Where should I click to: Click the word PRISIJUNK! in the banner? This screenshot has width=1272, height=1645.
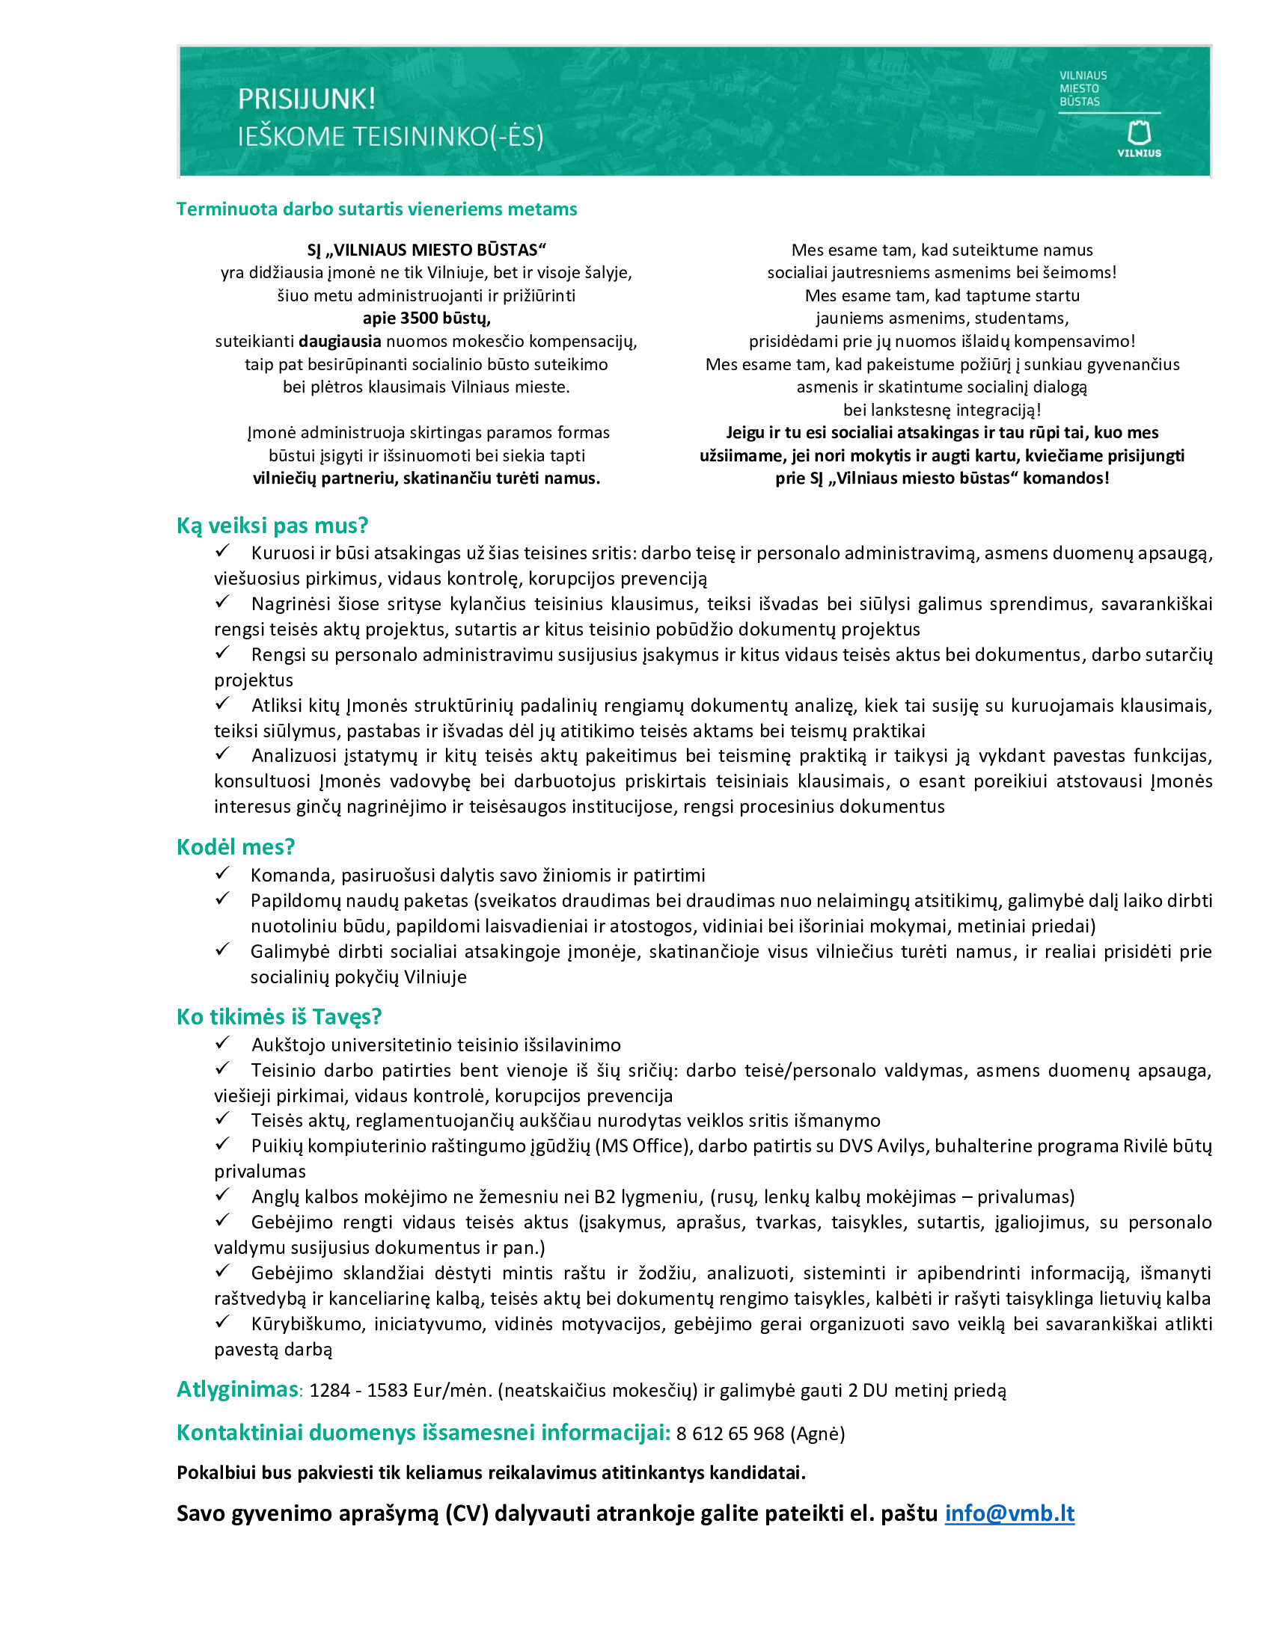pyautogui.click(x=306, y=99)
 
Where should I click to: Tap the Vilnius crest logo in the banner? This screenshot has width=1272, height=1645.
pyautogui.click(x=1138, y=134)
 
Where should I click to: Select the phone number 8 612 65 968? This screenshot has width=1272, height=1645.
pyautogui.click(x=730, y=1433)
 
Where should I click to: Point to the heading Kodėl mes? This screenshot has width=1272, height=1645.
pyautogui.click(x=235, y=846)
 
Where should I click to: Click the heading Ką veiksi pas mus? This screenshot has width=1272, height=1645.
pyautogui.click(x=272, y=525)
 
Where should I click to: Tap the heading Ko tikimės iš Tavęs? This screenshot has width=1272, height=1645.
pyautogui.click(x=279, y=1017)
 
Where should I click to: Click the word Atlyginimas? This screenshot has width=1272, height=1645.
pyautogui.click(x=237, y=1390)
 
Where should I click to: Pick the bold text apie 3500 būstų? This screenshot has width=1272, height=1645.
pyautogui.click(x=426, y=318)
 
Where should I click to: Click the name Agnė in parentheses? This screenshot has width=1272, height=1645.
pyautogui.click(x=818, y=1433)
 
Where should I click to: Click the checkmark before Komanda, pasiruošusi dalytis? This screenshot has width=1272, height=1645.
pyautogui.click(x=222, y=873)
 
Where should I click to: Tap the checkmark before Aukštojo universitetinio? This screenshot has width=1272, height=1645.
pyautogui.click(x=222, y=1043)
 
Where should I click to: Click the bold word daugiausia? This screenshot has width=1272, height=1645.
pyautogui.click(x=340, y=341)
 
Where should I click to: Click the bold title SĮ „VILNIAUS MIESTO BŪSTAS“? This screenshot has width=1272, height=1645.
pyautogui.click(x=426, y=250)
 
